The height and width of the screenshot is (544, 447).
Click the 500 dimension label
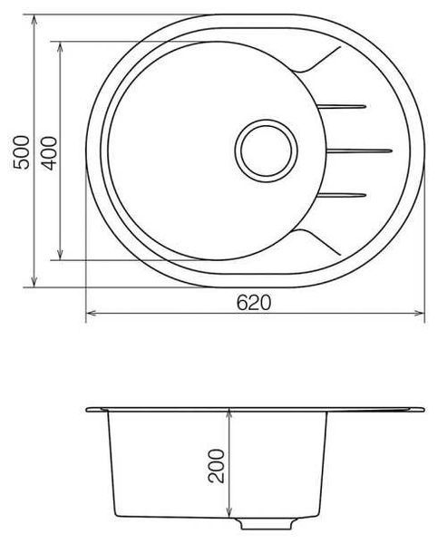point(21,152)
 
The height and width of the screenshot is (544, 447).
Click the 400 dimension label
point(49,153)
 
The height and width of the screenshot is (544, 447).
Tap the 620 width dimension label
point(254,303)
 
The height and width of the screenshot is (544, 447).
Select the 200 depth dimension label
point(216,466)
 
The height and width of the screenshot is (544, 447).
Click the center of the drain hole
point(267,151)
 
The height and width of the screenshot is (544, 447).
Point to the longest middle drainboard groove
point(360,151)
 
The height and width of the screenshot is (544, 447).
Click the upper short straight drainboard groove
point(342,106)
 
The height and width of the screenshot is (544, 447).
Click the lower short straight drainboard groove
point(342,195)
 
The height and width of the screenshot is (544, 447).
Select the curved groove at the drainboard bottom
point(317,241)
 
